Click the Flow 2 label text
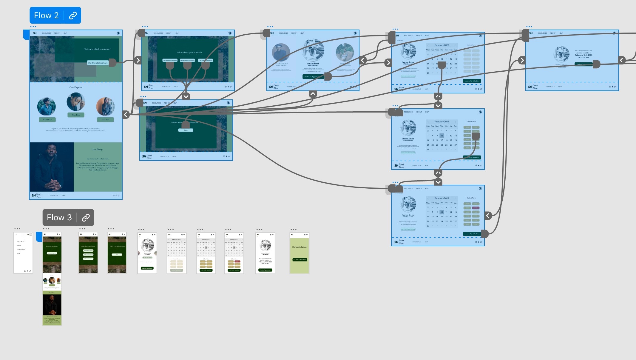point(46,15)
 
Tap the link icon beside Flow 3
point(86,218)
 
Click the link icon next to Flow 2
point(73,16)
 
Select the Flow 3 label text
point(59,218)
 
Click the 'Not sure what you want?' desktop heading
point(97,49)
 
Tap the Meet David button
point(47,120)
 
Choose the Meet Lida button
point(76,115)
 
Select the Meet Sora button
point(105,120)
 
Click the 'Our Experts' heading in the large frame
point(76,87)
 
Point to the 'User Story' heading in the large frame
point(97,149)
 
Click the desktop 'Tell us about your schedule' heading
point(189,52)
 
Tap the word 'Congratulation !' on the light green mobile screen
point(300,247)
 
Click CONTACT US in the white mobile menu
point(21,249)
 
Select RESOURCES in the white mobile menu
point(21,241)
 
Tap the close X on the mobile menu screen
point(16,234)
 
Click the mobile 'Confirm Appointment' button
point(265,270)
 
